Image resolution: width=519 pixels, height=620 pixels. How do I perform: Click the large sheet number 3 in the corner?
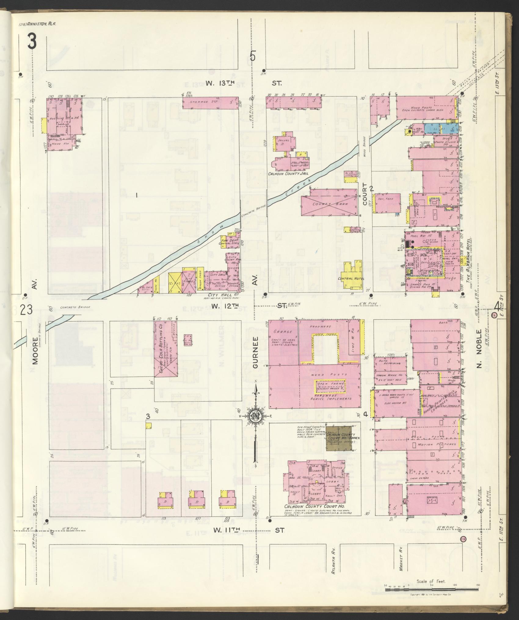point(32,41)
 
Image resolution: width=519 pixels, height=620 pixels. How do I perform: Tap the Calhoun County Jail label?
point(288,174)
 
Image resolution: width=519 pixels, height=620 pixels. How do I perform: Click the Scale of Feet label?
point(431,581)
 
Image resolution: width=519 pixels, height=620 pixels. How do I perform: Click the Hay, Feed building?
point(387,203)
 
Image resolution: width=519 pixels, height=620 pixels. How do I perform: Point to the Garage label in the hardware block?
point(279,331)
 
